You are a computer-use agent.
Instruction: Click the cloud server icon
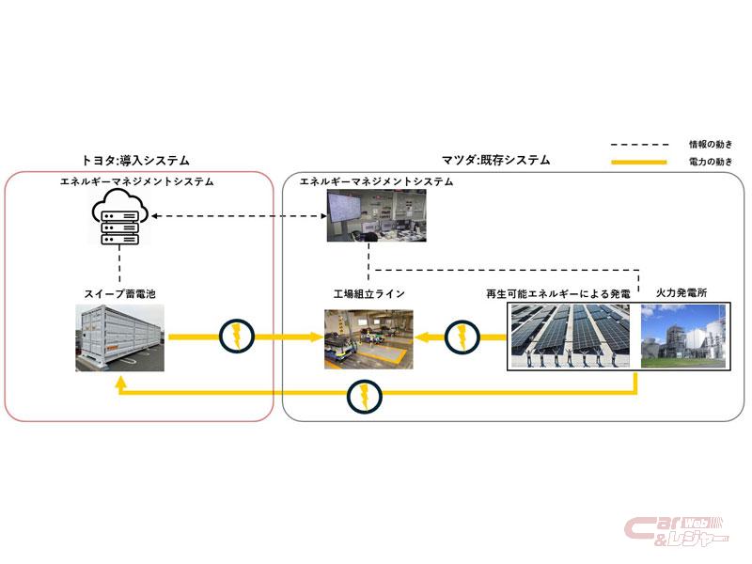[x=120, y=217]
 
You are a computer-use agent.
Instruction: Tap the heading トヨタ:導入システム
[x=135, y=160]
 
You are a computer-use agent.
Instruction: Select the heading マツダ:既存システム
[x=495, y=160]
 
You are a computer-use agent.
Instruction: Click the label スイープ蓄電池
[x=120, y=293]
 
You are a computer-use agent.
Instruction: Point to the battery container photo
[x=120, y=337]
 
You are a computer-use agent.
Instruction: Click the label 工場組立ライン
[x=368, y=293]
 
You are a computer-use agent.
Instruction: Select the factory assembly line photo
[x=368, y=339]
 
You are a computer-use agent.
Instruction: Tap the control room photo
[x=377, y=215]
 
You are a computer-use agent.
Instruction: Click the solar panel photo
[x=571, y=337]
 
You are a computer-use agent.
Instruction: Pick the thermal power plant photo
[x=683, y=337]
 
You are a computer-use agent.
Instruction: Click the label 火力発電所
[x=681, y=292]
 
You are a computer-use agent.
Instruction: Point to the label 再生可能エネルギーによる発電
[x=558, y=293]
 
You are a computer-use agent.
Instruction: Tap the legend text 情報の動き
[x=711, y=144]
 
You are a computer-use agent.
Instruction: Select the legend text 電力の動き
[x=711, y=162]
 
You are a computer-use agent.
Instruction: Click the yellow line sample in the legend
[x=639, y=162]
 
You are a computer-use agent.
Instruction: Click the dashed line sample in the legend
[x=639, y=144]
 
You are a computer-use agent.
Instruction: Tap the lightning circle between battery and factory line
[x=237, y=337]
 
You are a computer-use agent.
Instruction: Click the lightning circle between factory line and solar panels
[x=462, y=337]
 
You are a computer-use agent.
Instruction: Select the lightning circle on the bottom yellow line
[x=364, y=396]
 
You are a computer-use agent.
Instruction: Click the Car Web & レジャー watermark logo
[x=676, y=531]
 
